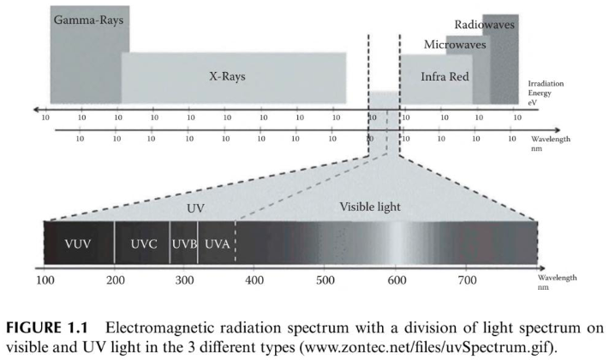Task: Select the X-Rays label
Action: pos(228,75)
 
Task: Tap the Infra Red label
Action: pos(445,76)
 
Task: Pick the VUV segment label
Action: pos(78,244)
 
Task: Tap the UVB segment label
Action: pos(184,244)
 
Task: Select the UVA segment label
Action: pos(217,244)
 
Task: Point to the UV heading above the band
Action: pos(196,207)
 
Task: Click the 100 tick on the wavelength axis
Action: pos(45,279)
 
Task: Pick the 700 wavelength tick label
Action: pos(466,279)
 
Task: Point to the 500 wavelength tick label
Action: pos(325,279)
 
